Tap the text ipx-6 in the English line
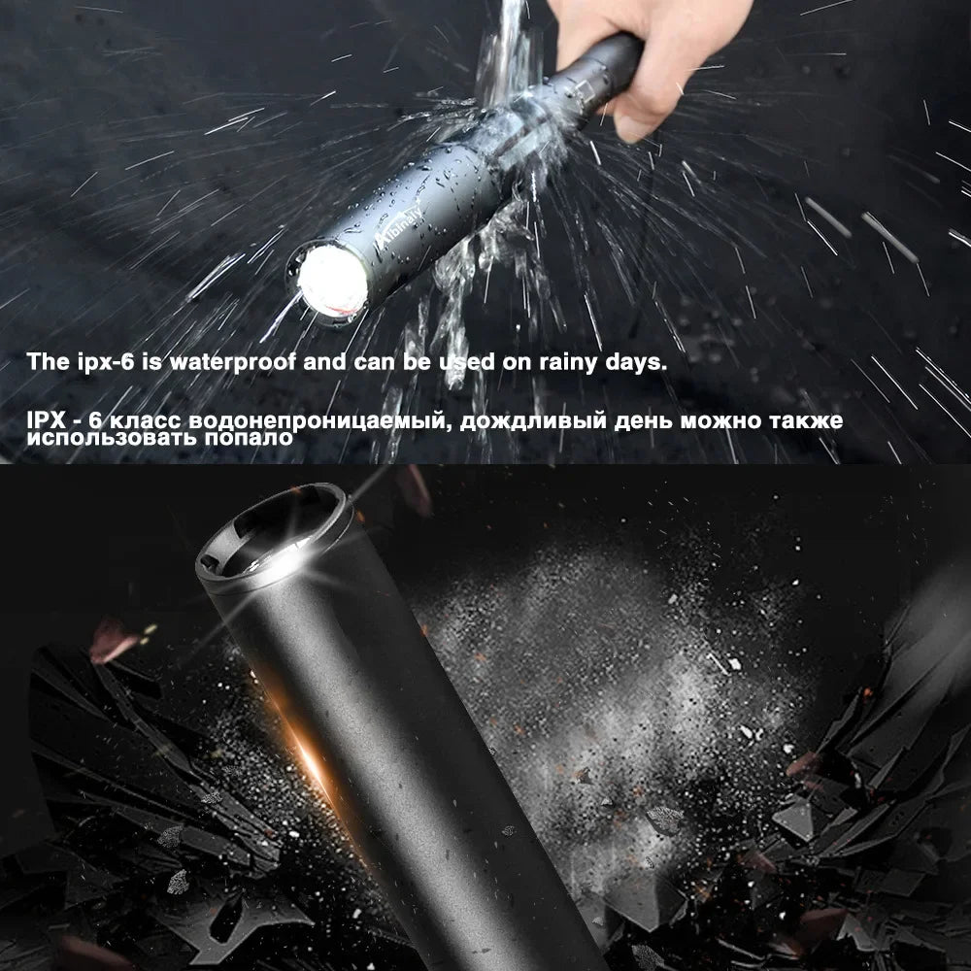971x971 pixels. pyautogui.click(x=98, y=363)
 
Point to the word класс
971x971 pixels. pyautogui.click(x=146, y=421)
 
